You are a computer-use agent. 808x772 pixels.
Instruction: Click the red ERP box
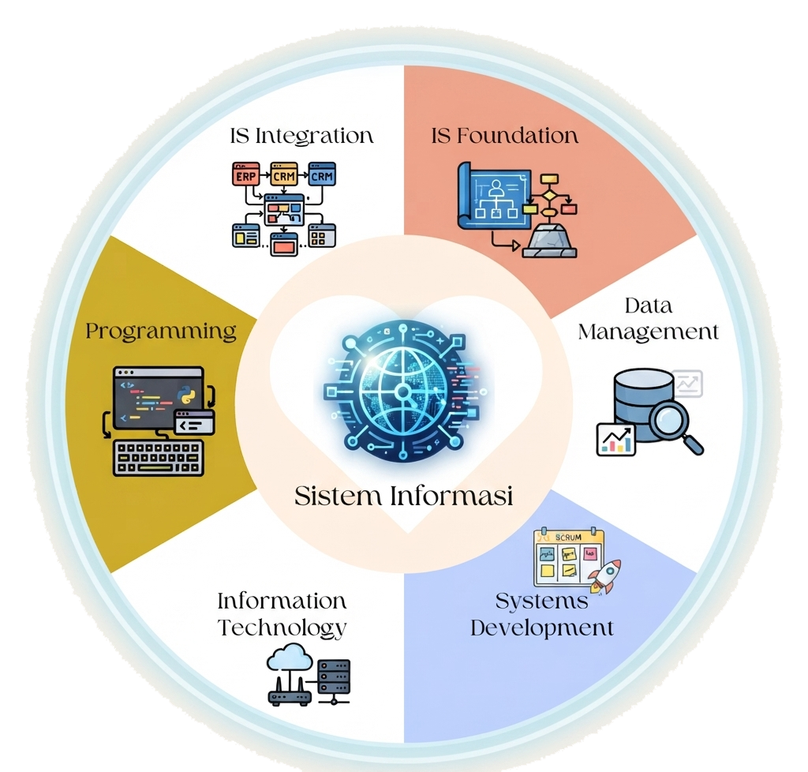coord(246,174)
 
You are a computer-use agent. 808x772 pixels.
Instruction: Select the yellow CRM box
coord(284,174)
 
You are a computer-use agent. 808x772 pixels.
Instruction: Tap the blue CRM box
coord(322,174)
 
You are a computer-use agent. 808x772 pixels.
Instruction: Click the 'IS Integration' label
coord(301,137)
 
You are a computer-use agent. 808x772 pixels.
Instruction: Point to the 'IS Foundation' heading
coord(504,136)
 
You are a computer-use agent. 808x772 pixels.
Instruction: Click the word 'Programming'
coord(161,332)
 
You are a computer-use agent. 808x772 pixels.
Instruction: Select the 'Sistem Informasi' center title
coord(403,496)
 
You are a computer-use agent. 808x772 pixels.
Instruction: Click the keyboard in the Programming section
coord(158,458)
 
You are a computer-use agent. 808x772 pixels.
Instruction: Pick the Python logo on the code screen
coord(186,394)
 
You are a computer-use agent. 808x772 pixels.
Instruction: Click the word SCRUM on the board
coord(568,537)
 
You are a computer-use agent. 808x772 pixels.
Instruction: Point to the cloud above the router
coord(290,658)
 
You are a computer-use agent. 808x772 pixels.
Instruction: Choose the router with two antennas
coord(289,691)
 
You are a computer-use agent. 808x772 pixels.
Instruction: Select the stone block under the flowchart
coord(549,241)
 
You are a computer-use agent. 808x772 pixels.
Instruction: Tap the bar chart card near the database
coord(615,440)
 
